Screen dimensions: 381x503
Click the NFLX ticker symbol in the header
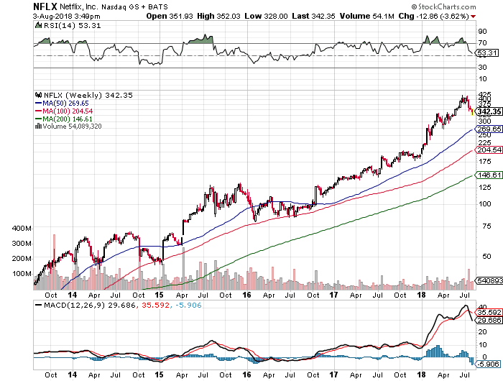pos(16,6)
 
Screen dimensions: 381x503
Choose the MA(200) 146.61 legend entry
pos(66,119)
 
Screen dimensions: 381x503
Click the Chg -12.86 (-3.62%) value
pos(461,15)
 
